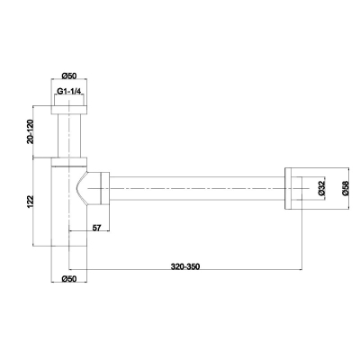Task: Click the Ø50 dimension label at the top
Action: click(x=69, y=76)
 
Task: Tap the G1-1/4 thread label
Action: click(x=69, y=92)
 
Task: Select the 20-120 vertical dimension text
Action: click(x=31, y=131)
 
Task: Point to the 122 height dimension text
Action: click(x=31, y=202)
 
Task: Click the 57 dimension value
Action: click(x=96, y=228)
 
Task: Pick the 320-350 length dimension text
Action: click(x=185, y=266)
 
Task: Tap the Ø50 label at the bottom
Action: click(x=69, y=279)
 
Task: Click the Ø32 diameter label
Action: click(x=322, y=189)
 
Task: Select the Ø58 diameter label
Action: click(x=345, y=188)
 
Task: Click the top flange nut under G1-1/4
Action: click(x=69, y=110)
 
